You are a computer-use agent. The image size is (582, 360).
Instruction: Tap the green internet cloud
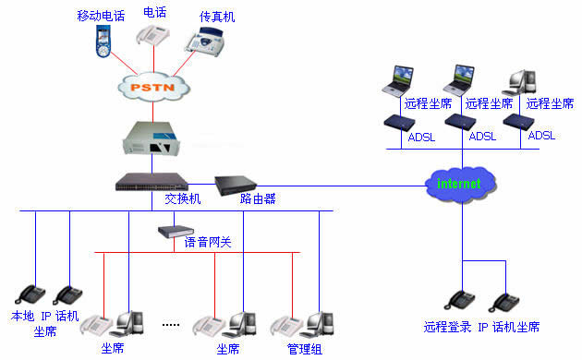click(459, 183)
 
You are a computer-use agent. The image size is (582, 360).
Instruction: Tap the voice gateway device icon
click(173, 232)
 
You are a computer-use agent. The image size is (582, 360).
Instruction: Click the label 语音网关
click(209, 242)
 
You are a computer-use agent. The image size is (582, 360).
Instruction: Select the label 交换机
click(182, 199)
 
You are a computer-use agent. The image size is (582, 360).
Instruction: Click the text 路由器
click(258, 199)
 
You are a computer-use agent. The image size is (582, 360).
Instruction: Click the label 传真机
click(217, 16)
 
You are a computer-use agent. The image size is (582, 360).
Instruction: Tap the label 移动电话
click(99, 16)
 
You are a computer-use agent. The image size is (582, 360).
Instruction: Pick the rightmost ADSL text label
click(541, 136)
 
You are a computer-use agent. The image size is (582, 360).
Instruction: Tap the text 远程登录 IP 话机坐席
click(481, 327)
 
